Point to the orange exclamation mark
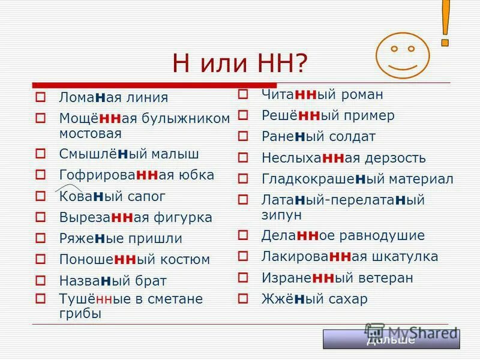coord(446,23)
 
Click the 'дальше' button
coord(391,340)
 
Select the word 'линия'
coord(149,97)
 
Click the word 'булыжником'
coord(186,118)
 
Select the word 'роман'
coord(362,94)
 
